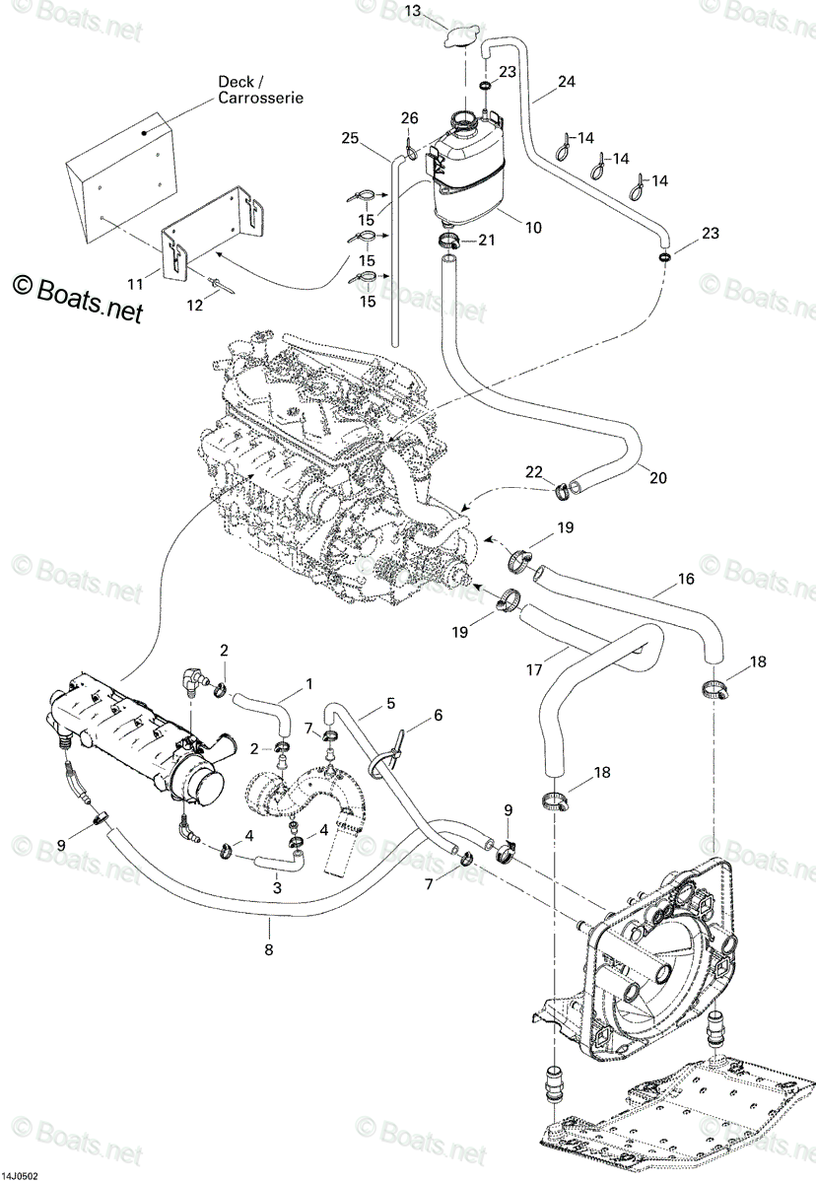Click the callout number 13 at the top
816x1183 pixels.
click(414, 11)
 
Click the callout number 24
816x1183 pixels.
click(566, 82)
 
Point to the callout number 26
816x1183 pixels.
click(409, 117)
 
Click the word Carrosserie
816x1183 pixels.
click(261, 98)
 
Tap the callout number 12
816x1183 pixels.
click(195, 306)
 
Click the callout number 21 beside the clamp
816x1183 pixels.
click(486, 241)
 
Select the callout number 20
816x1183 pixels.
click(657, 478)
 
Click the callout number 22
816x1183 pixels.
click(534, 471)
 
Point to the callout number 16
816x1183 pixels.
click(686, 579)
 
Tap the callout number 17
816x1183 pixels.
click(534, 669)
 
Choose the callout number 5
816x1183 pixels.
click(390, 704)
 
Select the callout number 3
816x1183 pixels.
click(277, 887)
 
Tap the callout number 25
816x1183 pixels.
click(350, 138)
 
